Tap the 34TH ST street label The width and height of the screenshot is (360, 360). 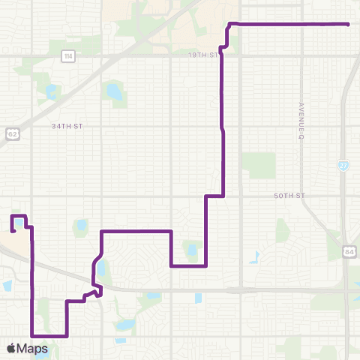pos(67,127)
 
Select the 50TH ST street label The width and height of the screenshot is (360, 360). pos(289,195)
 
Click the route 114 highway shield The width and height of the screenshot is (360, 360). pos(69,55)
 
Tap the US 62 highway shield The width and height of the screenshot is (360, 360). pos(12,133)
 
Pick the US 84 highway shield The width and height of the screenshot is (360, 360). pos(349,250)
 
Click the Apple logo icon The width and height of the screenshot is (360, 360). pos(11,348)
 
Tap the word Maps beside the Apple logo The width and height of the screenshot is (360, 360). pos(35,348)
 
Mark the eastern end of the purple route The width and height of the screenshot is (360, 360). pos(349,24)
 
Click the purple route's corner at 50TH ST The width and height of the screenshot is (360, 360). pos(224,196)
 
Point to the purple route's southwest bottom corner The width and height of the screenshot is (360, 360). pos(32,335)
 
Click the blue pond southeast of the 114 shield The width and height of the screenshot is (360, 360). pos(114,92)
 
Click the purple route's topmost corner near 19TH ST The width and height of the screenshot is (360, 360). pos(229,24)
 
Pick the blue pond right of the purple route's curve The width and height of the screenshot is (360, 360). pos(102,267)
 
